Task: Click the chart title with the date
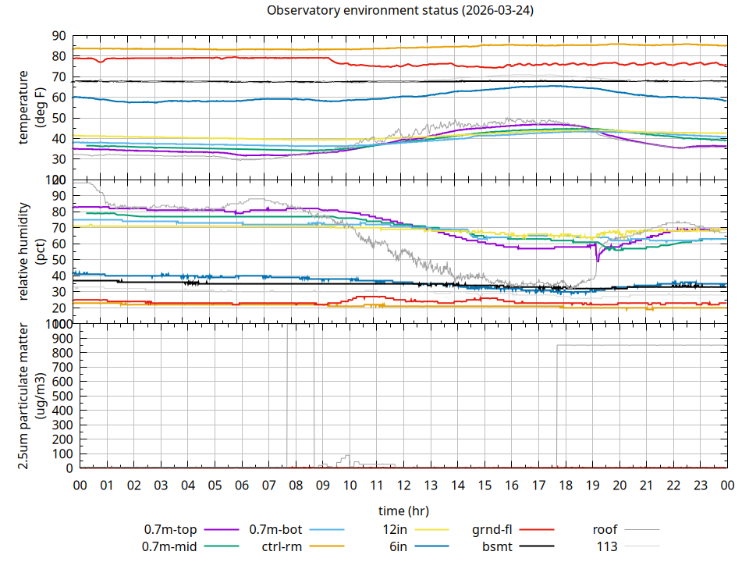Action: (x=400, y=11)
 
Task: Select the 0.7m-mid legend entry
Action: (x=171, y=546)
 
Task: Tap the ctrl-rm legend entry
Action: (x=282, y=546)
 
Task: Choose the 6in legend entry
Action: (x=398, y=546)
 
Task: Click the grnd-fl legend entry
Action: (x=492, y=529)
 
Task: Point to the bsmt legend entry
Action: (x=498, y=546)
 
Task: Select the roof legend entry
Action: (x=605, y=529)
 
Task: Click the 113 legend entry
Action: (x=607, y=546)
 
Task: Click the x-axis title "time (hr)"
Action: (x=403, y=511)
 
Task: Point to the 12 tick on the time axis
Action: (x=403, y=485)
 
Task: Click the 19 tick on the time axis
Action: (x=592, y=485)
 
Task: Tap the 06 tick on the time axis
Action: (x=242, y=485)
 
